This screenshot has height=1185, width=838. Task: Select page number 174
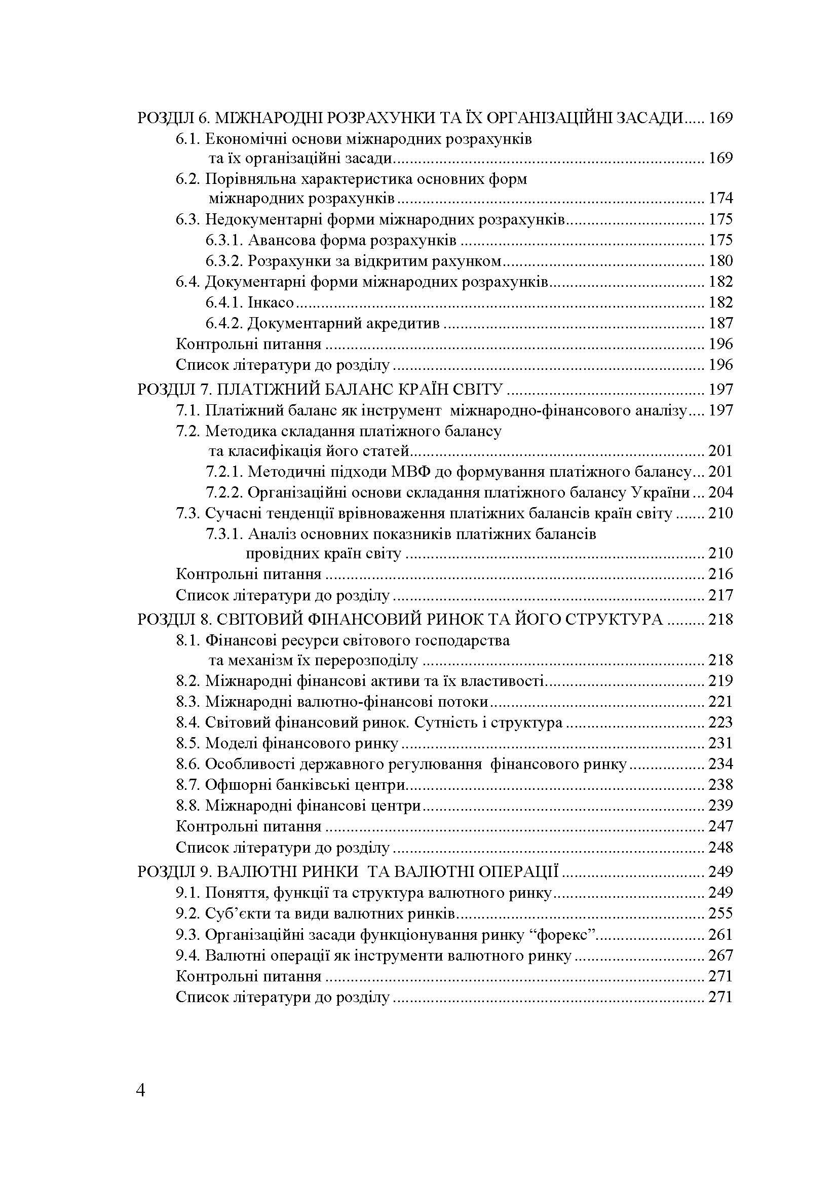pos(720,198)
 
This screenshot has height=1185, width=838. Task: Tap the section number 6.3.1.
pos(224,241)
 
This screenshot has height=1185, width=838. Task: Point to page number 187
pos(720,324)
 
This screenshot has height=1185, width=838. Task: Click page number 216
pos(720,574)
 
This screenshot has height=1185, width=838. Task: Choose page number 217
pos(720,595)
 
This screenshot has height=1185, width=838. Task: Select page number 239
pos(720,805)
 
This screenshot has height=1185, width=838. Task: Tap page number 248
pos(720,848)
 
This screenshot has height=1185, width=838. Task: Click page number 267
pos(720,955)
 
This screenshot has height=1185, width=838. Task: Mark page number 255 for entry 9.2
pos(720,913)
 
